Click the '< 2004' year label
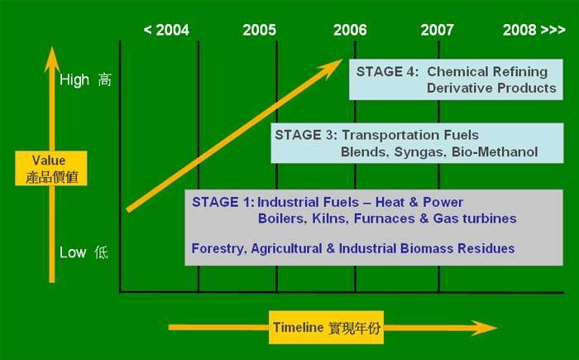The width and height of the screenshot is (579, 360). point(166,30)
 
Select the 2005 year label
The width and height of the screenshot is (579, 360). point(259,30)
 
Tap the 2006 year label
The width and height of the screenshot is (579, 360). point(350,30)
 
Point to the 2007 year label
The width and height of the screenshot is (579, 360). point(438,30)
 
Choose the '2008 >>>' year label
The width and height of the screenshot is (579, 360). point(534,30)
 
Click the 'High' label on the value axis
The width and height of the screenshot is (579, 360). point(74,79)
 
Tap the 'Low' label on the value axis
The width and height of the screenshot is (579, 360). point(73,252)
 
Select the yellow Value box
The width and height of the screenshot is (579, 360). point(51,168)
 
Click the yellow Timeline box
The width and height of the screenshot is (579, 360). point(326,328)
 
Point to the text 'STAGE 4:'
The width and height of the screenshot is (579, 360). point(387,71)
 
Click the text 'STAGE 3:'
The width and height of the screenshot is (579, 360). point(306,135)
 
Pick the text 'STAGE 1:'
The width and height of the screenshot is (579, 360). point(223,202)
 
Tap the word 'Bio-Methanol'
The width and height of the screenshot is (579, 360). point(495,152)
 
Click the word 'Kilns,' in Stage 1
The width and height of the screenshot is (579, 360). point(330,218)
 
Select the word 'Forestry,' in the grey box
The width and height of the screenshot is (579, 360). point(219,249)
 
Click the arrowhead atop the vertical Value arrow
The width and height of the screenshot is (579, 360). point(52,59)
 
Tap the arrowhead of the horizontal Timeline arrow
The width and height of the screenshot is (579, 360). point(484,328)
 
